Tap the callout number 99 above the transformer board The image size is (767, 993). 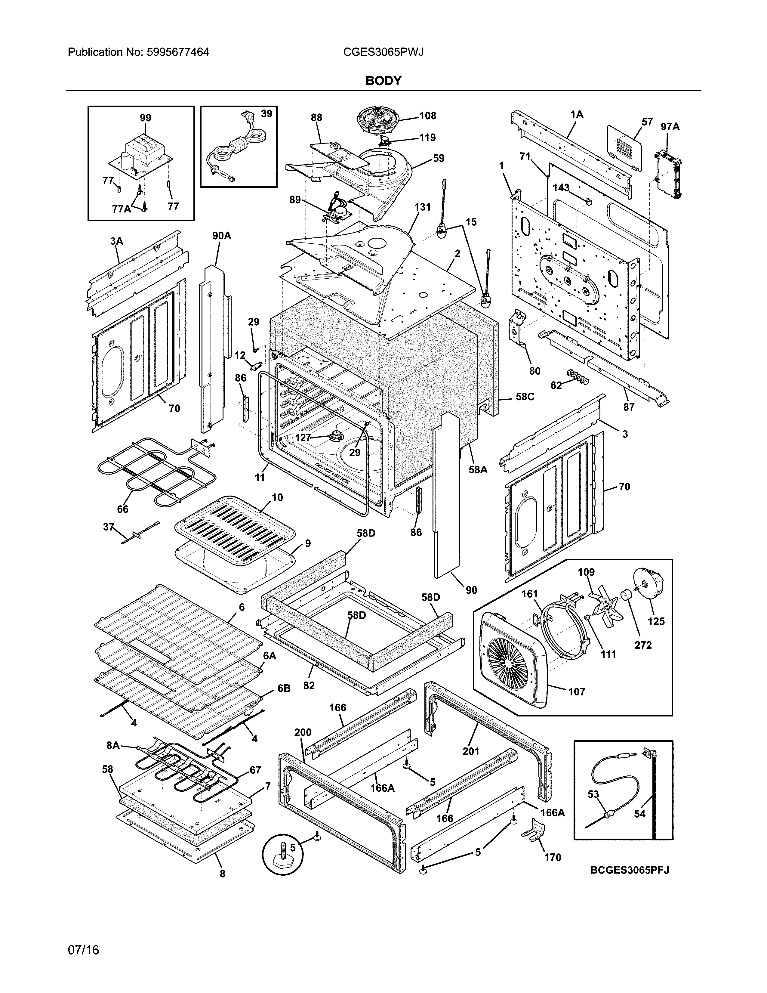tap(145, 118)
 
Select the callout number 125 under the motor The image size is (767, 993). tap(656, 621)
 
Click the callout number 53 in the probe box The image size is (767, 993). tap(593, 794)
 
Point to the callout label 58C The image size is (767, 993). tap(525, 397)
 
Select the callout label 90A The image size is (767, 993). tap(222, 236)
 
